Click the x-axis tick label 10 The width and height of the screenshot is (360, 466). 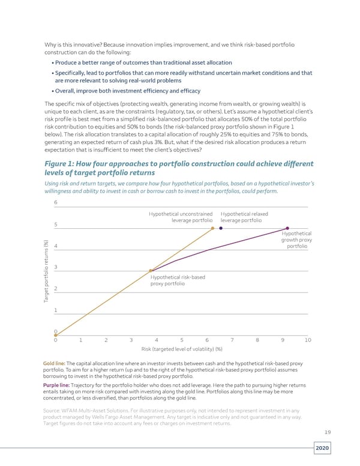[308, 340]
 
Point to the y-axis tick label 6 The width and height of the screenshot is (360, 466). [56, 202]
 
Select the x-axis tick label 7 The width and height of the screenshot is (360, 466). [232, 340]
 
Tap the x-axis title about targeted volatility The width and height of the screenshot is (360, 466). [182, 349]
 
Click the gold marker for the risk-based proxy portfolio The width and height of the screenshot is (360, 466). [151, 270]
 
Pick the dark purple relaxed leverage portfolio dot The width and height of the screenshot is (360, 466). [221, 228]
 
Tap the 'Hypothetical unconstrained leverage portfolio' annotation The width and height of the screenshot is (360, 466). [181, 217]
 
